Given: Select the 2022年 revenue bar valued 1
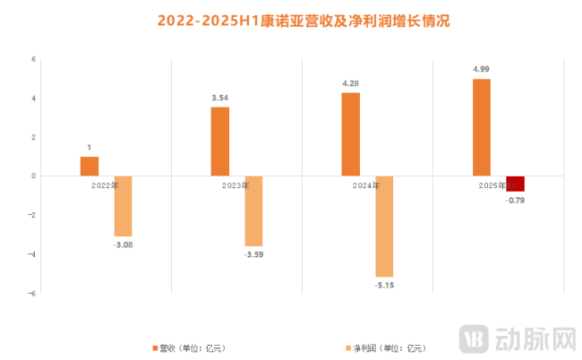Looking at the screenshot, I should pyautogui.click(x=90, y=166).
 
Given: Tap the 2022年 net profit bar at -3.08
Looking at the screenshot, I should pyautogui.click(x=123, y=206).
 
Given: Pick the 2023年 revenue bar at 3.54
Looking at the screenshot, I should pyautogui.click(x=220, y=141).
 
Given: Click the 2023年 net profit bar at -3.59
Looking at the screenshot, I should pyautogui.click(x=253, y=210).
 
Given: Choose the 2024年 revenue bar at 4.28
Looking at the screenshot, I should pyautogui.click(x=351, y=134).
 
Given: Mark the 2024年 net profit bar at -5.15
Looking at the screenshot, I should pyautogui.click(x=384, y=226).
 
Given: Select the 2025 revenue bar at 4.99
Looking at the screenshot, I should pyautogui.click(x=482, y=127).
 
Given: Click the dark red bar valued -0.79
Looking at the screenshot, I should pyautogui.click(x=515, y=184).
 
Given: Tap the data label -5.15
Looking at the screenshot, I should pyautogui.click(x=384, y=285).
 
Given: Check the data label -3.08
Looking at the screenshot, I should pyautogui.click(x=123, y=244).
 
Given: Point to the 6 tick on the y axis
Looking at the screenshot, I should pyautogui.click(x=33, y=59).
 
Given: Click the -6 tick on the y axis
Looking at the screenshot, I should pyautogui.click(x=31, y=293).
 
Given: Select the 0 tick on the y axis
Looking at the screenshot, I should pyautogui.click(x=33, y=176).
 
